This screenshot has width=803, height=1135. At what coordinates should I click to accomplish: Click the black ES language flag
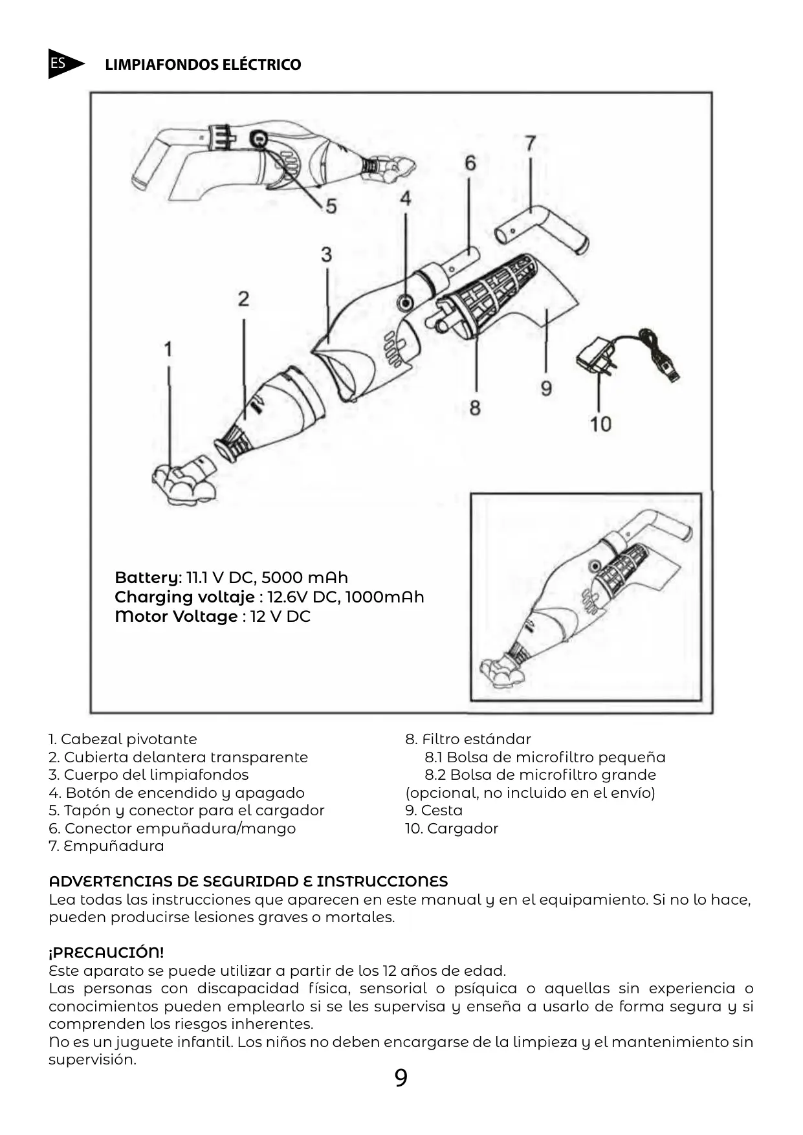pyautogui.click(x=63, y=64)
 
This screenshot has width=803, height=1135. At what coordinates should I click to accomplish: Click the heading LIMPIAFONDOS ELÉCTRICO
pyautogui.click(x=203, y=65)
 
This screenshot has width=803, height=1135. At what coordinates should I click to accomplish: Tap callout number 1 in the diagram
pyautogui.click(x=168, y=349)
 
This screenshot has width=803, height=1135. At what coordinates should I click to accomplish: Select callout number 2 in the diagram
pyautogui.click(x=243, y=299)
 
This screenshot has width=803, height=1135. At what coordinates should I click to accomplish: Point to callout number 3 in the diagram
pyautogui.click(x=326, y=254)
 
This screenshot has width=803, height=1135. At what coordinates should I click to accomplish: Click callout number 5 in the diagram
pyautogui.click(x=331, y=206)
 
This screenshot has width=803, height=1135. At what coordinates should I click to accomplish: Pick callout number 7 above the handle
pyautogui.click(x=530, y=143)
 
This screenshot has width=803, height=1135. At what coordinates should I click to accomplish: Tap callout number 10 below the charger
pyautogui.click(x=600, y=424)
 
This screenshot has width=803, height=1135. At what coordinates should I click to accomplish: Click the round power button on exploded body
pyautogui.click(x=406, y=301)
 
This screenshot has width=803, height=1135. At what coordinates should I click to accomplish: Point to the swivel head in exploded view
pyautogui.click(x=183, y=482)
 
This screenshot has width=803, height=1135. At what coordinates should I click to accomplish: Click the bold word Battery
pyautogui.click(x=148, y=577)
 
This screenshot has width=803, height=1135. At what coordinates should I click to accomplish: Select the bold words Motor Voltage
pyautogui.click(x=176, y=616)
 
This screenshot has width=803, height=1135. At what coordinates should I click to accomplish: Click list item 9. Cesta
pyautogui.click(x=434, y=810)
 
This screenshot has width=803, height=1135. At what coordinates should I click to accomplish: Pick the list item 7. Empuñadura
pyautogui.click(x=106, y=846)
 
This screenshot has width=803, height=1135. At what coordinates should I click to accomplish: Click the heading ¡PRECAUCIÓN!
pyautogui.click(x=106, y=953)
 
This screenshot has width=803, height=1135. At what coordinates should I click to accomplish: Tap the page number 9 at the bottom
pyautogui.click(x=401, y=1078)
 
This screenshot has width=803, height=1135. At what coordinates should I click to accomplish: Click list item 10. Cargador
pyautogui.click(x=452, y=828)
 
